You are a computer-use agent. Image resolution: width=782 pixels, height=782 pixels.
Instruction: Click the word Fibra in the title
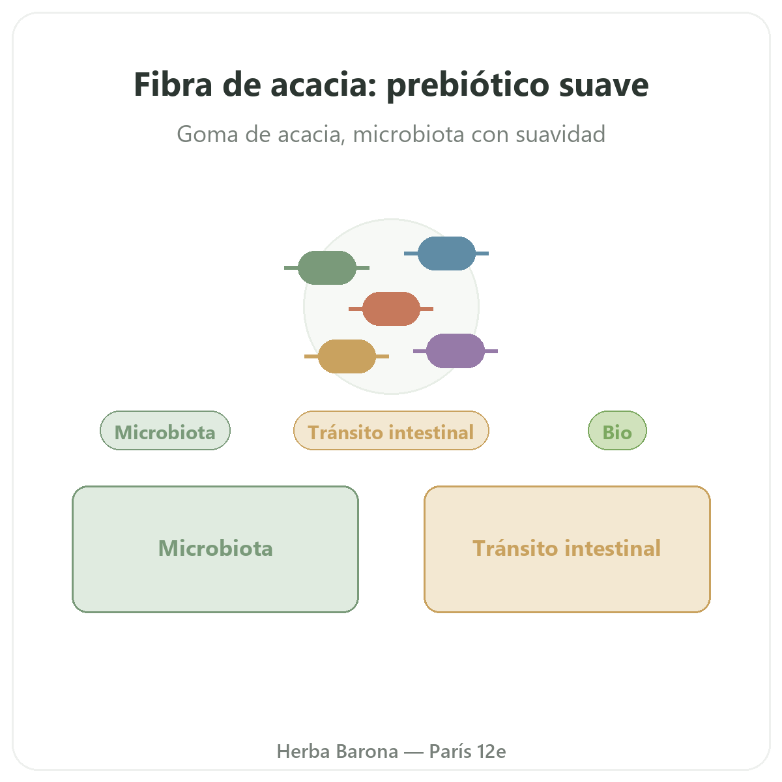(173, 84)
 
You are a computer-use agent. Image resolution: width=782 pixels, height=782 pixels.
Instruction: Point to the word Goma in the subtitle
(207, 134)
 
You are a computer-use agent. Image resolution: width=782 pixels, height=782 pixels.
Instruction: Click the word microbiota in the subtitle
(408, 134)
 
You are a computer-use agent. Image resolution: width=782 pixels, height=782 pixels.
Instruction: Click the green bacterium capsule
(326, 267)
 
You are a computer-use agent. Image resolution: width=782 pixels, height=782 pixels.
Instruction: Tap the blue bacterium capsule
(446, 253)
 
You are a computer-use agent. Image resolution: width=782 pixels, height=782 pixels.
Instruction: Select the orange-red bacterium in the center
(391, 309)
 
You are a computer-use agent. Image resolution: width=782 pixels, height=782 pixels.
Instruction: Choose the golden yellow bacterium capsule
(347, 356)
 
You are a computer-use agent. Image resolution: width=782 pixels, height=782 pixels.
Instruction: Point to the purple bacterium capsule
(456, 351)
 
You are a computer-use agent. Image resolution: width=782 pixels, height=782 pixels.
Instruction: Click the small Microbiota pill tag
(165, 431)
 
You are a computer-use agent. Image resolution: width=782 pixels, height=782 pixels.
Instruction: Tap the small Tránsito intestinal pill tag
(391, 431)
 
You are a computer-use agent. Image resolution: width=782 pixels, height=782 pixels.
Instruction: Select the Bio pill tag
(617, 431)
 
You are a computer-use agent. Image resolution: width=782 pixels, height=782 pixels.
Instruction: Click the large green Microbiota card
(215, 549)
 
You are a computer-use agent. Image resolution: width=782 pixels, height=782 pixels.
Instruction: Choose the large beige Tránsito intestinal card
(567, 549)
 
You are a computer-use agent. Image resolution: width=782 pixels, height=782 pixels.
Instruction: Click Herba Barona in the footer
(337, 751)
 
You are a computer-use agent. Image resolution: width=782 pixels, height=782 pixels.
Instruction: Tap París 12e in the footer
(467, 751)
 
